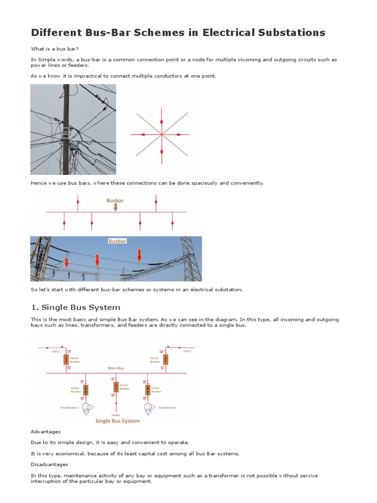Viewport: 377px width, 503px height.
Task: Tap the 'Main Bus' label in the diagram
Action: (x=116, y=368)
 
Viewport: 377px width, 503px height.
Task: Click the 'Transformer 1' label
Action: (x=69, y=408)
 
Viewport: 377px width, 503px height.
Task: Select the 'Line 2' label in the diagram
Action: (x=187, y=351)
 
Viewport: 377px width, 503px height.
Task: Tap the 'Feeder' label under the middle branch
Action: (x=116, y=415)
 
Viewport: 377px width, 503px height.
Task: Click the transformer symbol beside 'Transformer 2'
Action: (x=149, y=408)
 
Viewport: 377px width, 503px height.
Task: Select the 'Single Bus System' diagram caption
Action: (x=117, y=421)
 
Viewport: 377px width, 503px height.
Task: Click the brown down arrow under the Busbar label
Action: (x=115, y=207)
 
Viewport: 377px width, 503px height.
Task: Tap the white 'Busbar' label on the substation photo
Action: (x=117, y=241)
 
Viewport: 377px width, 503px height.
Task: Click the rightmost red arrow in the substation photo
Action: (x=139, y=255)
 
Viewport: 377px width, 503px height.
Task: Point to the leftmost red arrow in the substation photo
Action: (x=67, y=263)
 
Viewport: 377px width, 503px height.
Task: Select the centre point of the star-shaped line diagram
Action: (x=162, y=134)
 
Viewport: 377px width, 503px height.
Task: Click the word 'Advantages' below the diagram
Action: (x=46, y=432)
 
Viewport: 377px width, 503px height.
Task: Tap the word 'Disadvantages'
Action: (x=50, y=464)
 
